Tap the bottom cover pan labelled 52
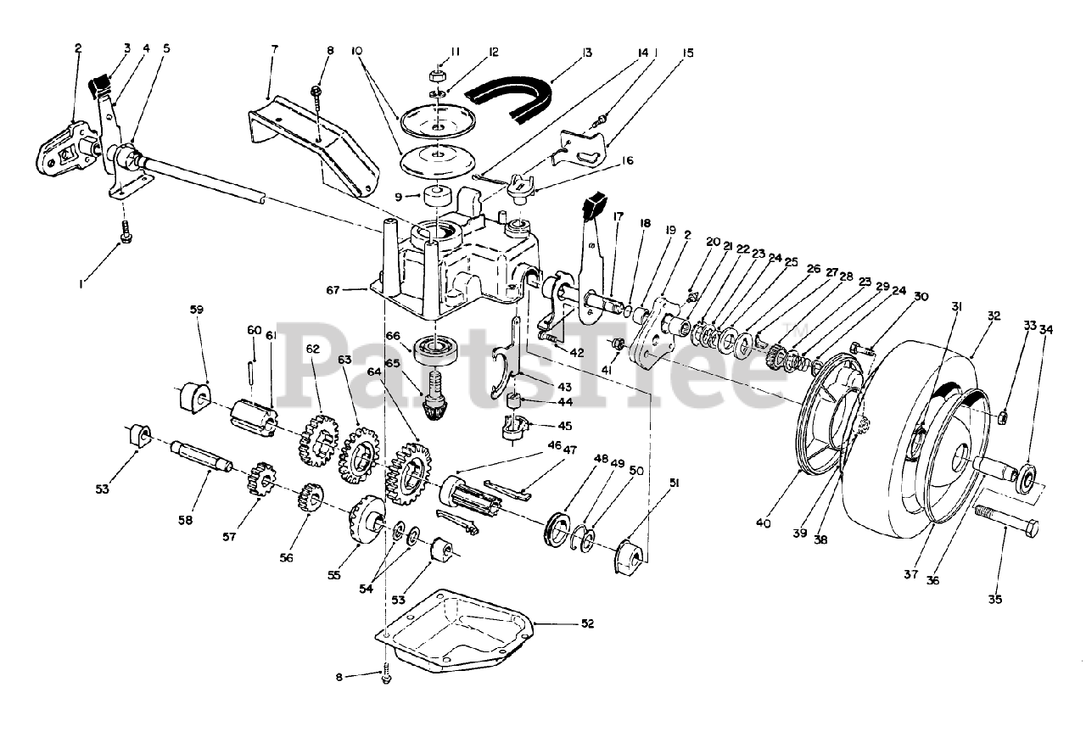tap(450, 628)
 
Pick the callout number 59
tap(196, 310)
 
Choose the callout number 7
tap(273, 49)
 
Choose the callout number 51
tap(675, 483)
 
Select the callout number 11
tap(455, 52)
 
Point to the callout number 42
tap(577, 353)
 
